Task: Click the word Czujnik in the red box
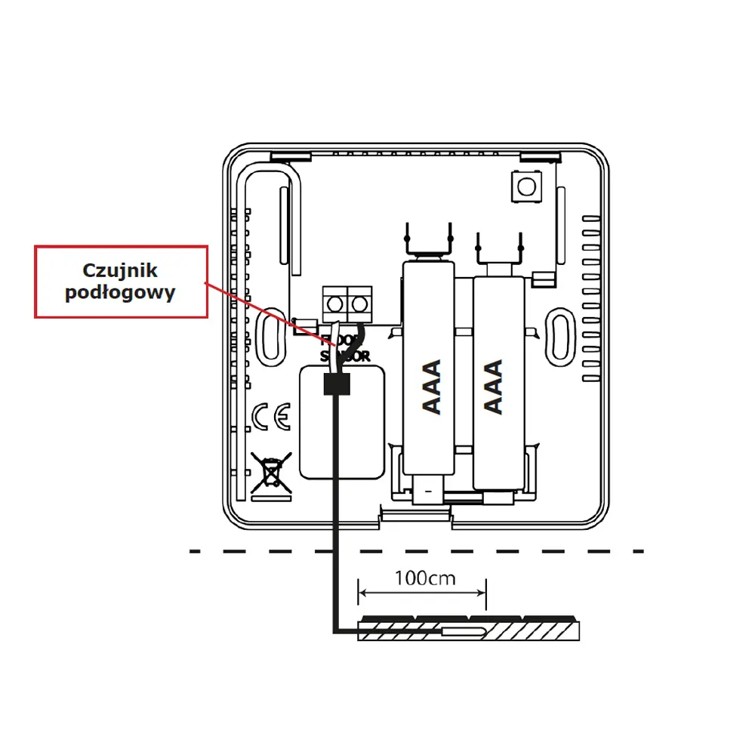[x=121, y=270]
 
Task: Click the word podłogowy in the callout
[x=121, y=293]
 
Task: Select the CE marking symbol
[x=270, y=417]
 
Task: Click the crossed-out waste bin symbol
[x=272, y=473]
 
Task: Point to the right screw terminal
[x=360, y=304]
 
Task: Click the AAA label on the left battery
[x=431, y=387]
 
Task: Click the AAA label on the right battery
[x=493, y=387]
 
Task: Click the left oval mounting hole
[x=270, y=334]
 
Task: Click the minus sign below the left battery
[x=428, y=492]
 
